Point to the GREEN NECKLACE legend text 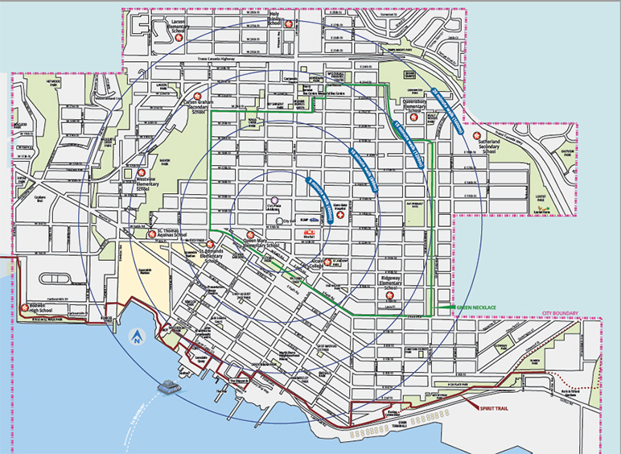coord(476,307)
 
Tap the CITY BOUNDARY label coord(560,312)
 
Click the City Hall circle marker coord(276,219)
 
